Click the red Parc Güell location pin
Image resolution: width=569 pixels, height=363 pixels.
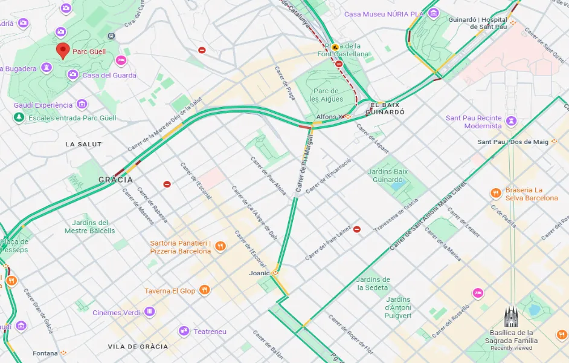click(x=62, y=51)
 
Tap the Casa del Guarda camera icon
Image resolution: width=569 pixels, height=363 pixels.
click(x=72, y=75)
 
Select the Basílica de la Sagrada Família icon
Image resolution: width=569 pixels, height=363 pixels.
click(x=511, y=317)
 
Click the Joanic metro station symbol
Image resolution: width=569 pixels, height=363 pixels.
click(x=275, y=273)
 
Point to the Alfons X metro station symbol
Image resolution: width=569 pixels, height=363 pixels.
click(x=348, y=117)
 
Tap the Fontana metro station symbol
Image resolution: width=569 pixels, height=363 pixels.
click(x=63, y=353)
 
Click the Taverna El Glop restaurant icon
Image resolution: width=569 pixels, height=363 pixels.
click(x=205, y=290)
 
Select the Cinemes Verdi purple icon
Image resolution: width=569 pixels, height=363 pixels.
click(x=149, y=312)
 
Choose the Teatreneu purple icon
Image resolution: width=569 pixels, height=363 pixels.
click(x=184, y=331)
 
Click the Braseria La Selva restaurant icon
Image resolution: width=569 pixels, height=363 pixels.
click(x=495, y=194)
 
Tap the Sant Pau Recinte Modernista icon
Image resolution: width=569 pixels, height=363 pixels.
click(x=512, y=121)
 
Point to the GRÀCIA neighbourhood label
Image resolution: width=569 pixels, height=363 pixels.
click(x=115, y=180)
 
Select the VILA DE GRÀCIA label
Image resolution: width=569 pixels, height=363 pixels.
click(x=138, y=347)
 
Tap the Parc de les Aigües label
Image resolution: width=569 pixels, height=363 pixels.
click(x=326, y=95)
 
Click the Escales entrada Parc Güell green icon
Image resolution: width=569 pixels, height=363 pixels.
click(x=19, y=117)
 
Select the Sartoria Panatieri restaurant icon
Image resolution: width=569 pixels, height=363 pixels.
click(x=220, y=247)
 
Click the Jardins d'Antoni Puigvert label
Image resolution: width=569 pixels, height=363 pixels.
click(x=398, y=307)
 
